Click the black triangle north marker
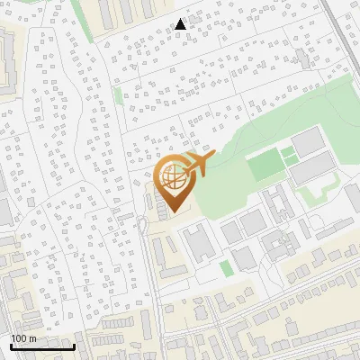pyautogui.click(x=181, y=23)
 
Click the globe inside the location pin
pyautogui.click(x=173, y=178)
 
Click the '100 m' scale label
pyautogui.click(x=24, y=338)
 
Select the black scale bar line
pyautogui.click(x=42, y=346)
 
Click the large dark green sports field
pyautogui.click(x=264, y=166)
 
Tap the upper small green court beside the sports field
pyautogui.click(x=288, y=153)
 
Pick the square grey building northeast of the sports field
pyautogui.click(x=307, y=140)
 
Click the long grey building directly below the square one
pyautogui.click(x=313, y=169)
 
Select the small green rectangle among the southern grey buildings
pyautogui.click(x=225, y=268)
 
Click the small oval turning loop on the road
pyautogui.click(x=142, y=223)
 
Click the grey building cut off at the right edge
pyautogui.click(x=353, y=220)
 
